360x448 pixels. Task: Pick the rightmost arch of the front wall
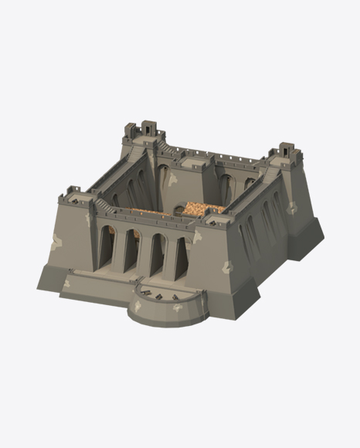click(x=181, y=258)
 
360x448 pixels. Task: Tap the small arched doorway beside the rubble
click(x=178, y=209)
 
